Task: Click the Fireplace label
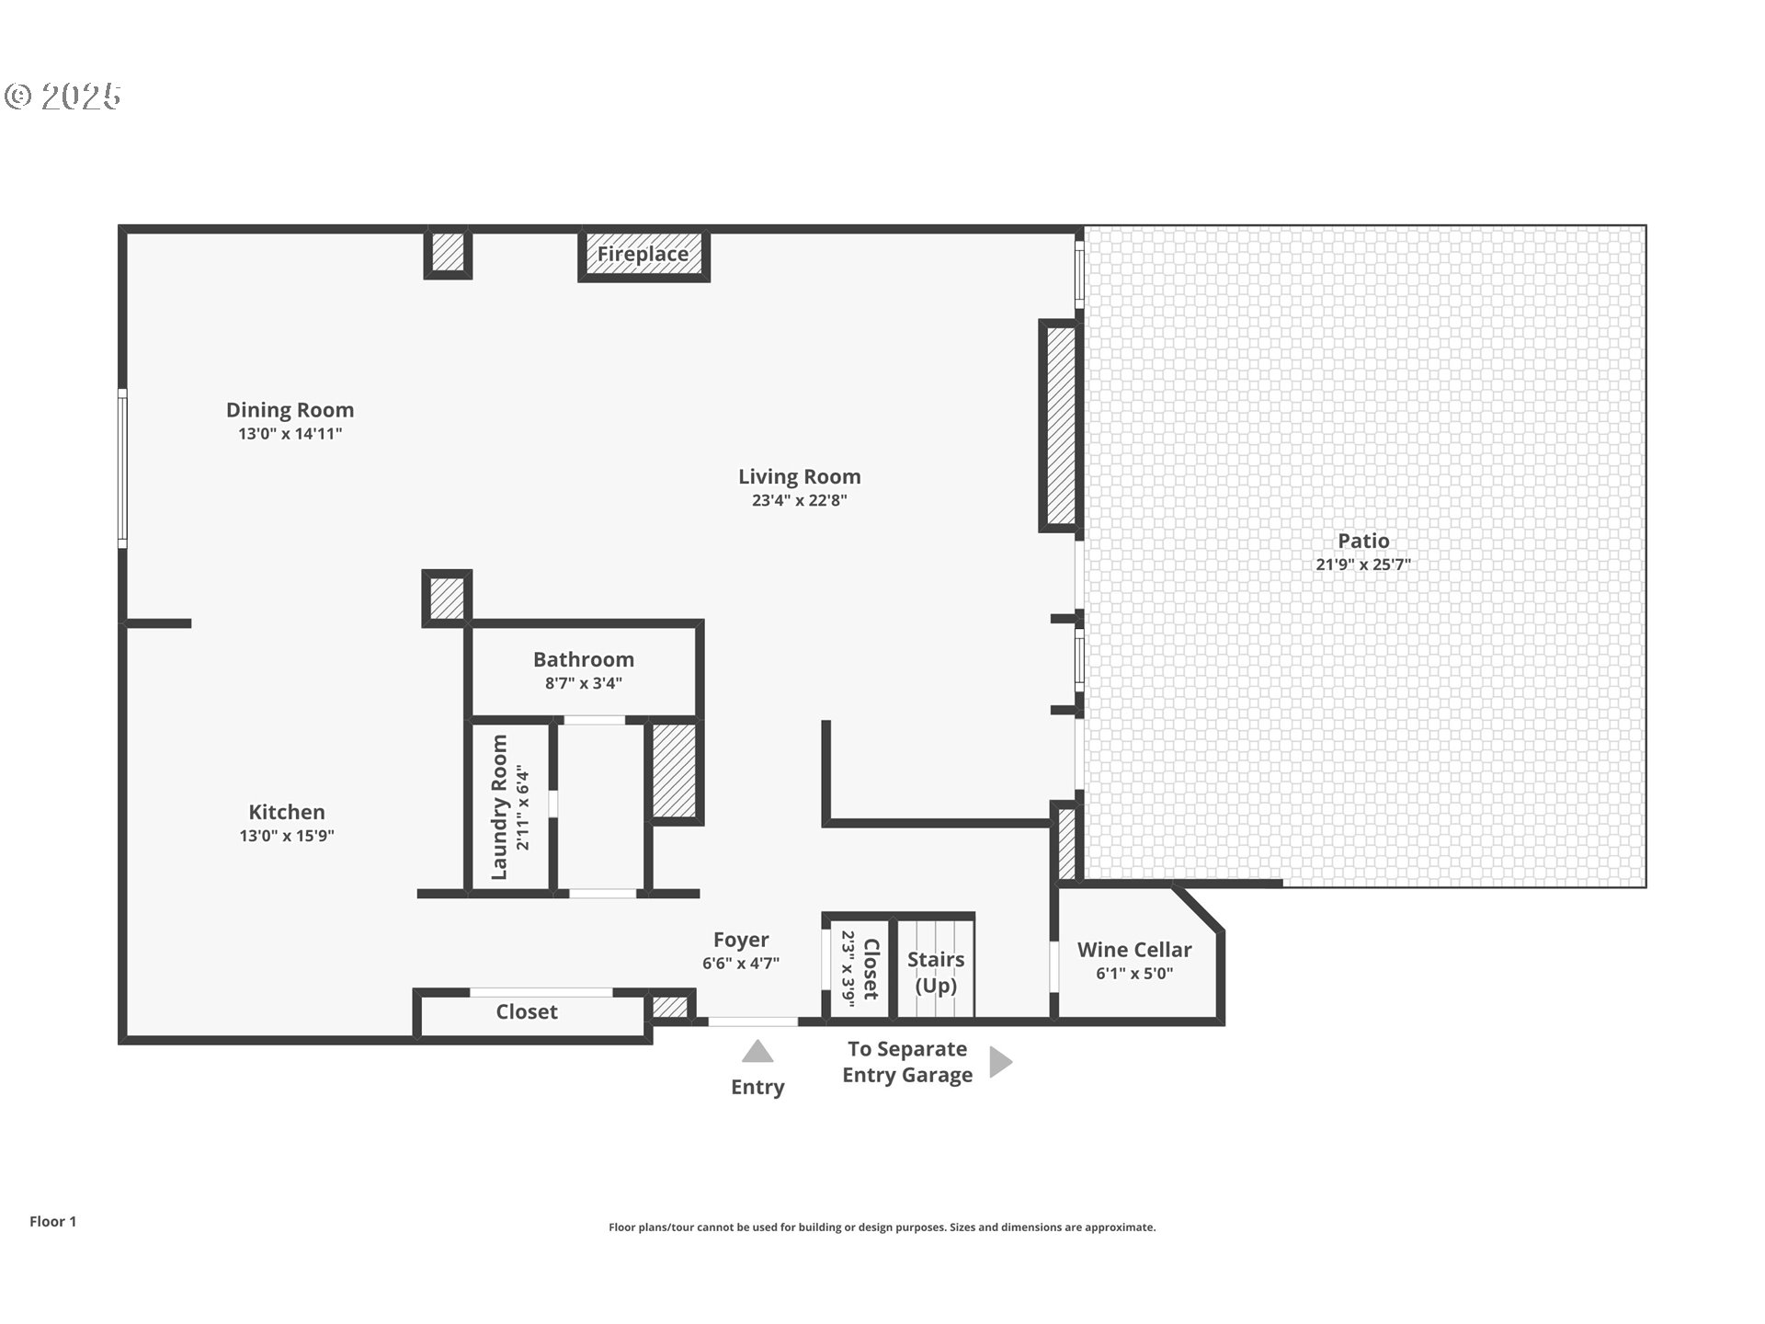click(643, 254)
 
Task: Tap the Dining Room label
click(290, 410)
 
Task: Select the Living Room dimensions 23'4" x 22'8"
click(799, 501)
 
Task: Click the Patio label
click(1363, 541)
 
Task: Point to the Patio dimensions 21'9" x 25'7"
click(1362, 565)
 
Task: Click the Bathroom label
click(584, 659)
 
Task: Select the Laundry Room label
click(499, 806)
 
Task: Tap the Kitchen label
click(287, 812)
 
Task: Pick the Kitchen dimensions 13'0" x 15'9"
click(287, 836)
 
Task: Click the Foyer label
click(741, 940)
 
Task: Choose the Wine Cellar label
click(1134, 950)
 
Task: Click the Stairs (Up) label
click(936, 972)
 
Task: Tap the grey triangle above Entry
click(757, 1052)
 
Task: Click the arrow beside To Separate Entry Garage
click(1000, 1062)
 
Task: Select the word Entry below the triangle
click(757, 1087)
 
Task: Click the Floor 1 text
click(52, 1221)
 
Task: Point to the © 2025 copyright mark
click(63, 97)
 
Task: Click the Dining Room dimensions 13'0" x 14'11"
click(290, 434)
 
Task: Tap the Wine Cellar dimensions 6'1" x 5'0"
click(1134, 974)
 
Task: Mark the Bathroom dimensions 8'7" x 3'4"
click(584, 683)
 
